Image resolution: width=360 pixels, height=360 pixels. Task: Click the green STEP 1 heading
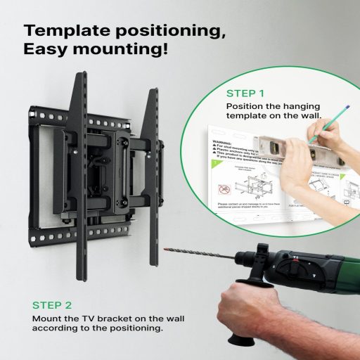245,93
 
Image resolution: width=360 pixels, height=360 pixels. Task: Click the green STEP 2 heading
52,305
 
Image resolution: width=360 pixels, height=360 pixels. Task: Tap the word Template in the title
64,31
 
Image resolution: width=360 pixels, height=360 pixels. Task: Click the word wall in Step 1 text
309,116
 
